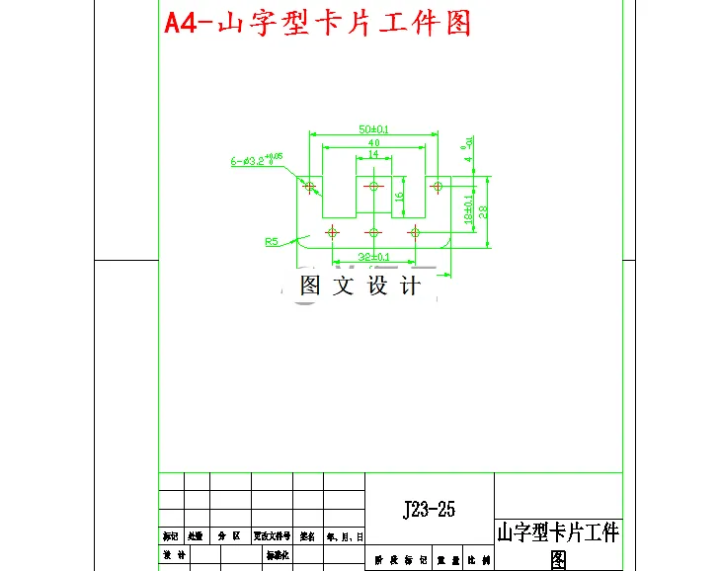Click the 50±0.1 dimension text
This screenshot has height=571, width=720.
[x=372, y=129]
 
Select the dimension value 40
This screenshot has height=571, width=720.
[x=373, y=143]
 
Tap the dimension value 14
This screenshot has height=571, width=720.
[x=373, y=155]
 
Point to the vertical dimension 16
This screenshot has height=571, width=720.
[x=399, y=196]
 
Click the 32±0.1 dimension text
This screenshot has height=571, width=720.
[x=373, y=258]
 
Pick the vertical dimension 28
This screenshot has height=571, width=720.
[x=483, y=211]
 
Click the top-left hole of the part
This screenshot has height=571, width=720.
[x=310, y=186]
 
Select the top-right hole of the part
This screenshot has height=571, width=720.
[x=438, y=186]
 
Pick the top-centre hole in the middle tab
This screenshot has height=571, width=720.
[x=373, y=186]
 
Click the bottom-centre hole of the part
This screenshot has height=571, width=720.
[x=373, y=232]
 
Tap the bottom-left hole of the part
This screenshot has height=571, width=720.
[x=332, y=232]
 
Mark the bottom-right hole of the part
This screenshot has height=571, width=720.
[x=415, y=232]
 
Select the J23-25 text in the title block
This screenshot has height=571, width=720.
[x=429, y=510]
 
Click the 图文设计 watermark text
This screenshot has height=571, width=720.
[x=360, y=286]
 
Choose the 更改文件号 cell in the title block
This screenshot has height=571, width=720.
[x=273, y=536]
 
